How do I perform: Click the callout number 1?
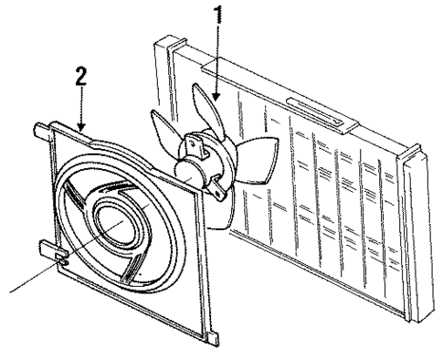coord(217,16)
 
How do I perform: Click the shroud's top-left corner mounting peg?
coord(40,128)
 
